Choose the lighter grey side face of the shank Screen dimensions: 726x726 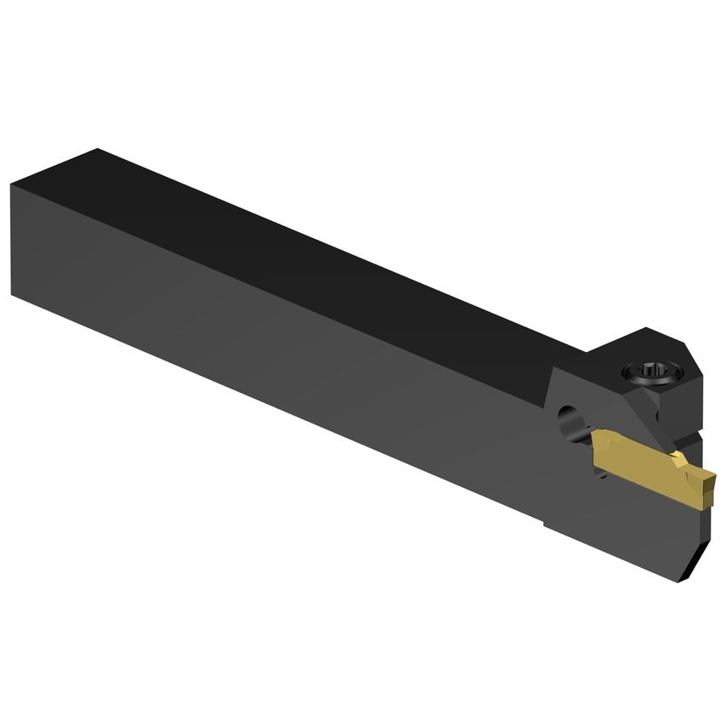(x=255, y=340)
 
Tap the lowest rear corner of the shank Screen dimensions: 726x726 (x=14, y=293)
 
